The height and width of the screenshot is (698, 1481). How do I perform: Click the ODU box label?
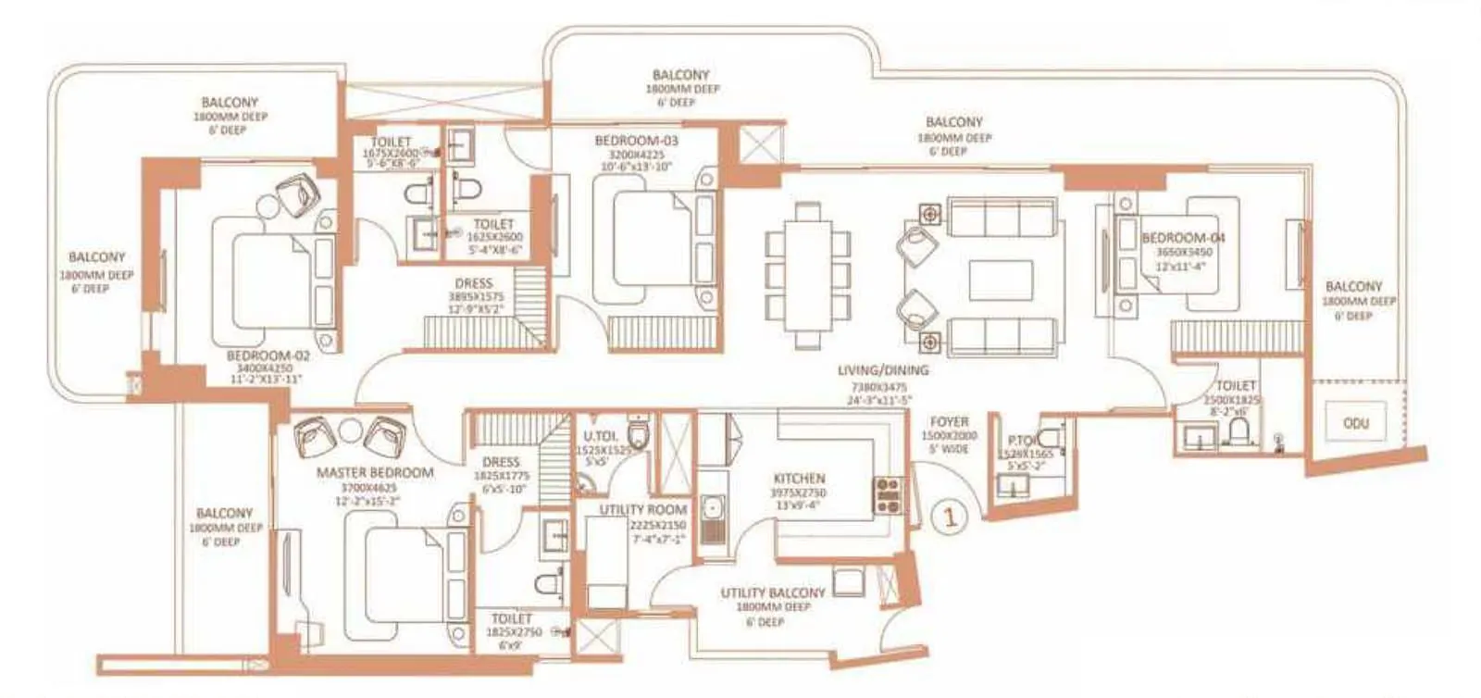click(1355, 423)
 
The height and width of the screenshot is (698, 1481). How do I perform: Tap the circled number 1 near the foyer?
click(949, 517)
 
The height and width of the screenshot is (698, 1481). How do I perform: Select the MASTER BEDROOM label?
click(375, 472)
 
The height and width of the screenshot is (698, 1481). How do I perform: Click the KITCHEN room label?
click(799, 479)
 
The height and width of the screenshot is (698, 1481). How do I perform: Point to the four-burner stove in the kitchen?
click(888, 495)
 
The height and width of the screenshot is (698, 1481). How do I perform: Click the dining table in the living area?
click(807, 275)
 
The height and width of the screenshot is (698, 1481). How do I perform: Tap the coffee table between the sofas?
click(1001, 280)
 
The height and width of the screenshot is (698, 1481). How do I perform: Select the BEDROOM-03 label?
click(636, 141)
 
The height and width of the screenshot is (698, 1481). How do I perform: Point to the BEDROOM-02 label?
click(268, 355)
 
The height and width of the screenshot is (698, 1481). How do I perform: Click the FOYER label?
click(949, 421)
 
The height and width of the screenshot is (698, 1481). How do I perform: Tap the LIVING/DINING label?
click(882, 370)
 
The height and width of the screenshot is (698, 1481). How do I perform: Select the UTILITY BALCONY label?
click(773, 592)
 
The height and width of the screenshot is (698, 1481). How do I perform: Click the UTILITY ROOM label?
click(642, 509)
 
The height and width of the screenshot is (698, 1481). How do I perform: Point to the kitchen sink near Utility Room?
click(712, 509)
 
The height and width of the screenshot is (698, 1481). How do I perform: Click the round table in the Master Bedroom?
click(351, 431)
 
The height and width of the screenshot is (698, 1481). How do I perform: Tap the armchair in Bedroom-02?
click(296, 195)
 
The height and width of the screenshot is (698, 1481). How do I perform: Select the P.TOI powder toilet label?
click(1024, 441)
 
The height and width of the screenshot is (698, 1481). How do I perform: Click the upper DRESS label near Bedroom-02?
click(474, 283)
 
